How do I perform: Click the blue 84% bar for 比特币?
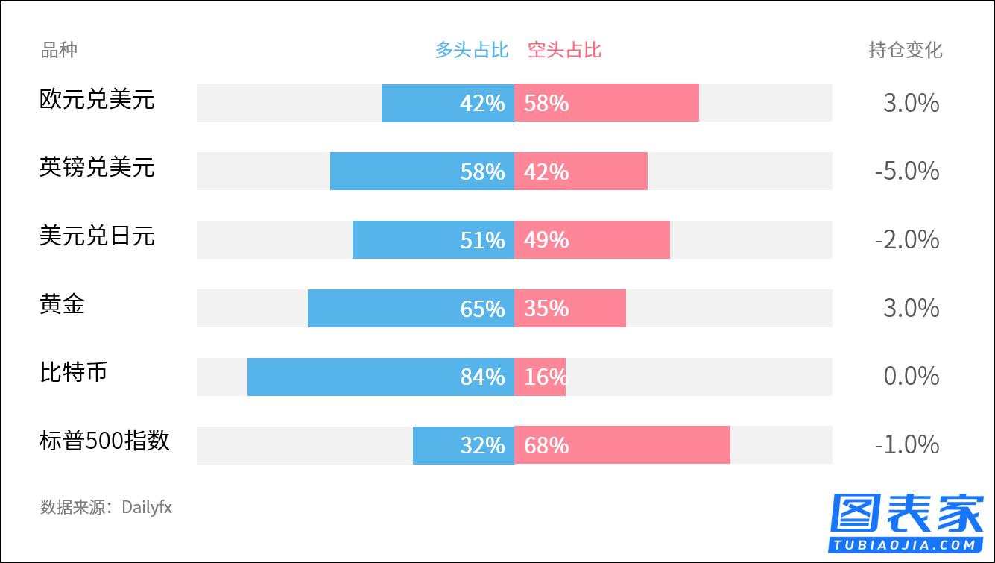tap(380, 377)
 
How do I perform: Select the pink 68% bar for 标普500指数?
tap(622, 445)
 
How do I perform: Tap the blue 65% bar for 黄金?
tap(411, 308)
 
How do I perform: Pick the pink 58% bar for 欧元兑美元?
tap(606, 103)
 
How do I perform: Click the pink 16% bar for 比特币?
tap(540, 377)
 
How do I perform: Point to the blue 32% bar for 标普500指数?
tap(463, 445)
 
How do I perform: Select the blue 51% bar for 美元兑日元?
tap(433, 239)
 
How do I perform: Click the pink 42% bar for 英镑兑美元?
tap(581, 171)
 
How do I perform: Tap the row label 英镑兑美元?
tap(97, 166)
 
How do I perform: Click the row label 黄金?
tap(62, 303)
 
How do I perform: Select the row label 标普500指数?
tap(104, 441)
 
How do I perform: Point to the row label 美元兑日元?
tap(97, 235)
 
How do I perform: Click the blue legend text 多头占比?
tap(472, 50)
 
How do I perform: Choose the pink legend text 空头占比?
tap(564, 50)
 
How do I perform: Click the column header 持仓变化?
tap(905, 50)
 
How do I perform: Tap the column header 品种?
tap(58, 50)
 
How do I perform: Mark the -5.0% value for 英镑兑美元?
tap(906, 171)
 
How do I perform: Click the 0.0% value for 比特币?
tap(911, 377)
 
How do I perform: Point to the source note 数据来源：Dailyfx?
tap(106, 508)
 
